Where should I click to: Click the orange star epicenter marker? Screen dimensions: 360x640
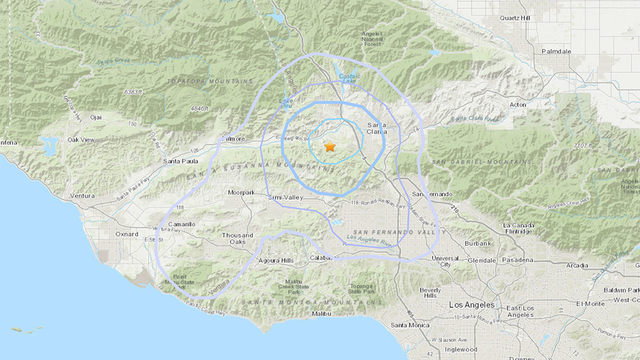330,147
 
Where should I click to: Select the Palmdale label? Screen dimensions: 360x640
553,51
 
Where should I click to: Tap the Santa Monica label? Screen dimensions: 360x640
410,325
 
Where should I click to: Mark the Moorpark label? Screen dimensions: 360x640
241,192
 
